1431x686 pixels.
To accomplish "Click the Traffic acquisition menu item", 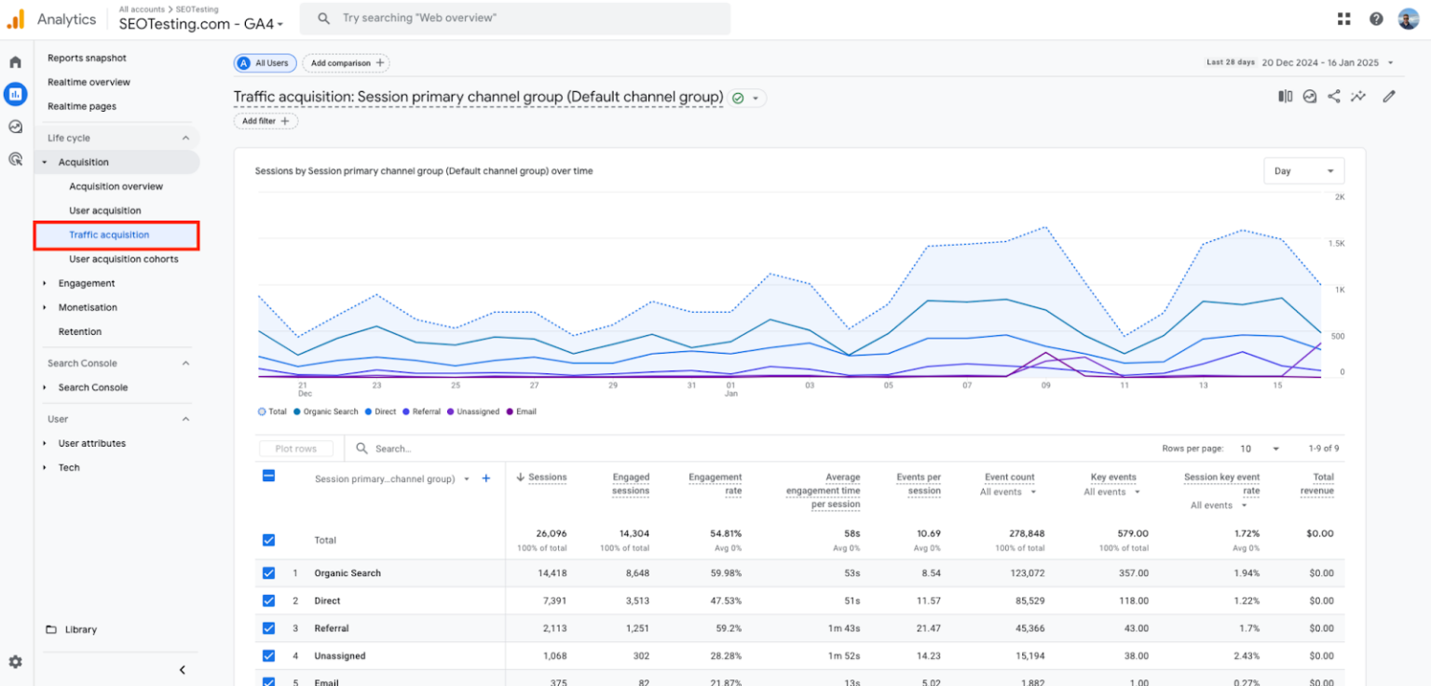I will pyautogui.click(x=109, y=235).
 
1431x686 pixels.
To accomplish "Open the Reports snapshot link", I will pyautogui.click(x=87, y=58).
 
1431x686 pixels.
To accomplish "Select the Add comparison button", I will pyautogui.click(x=346, y=63).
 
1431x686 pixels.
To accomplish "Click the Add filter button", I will pyautogui.click(x=266, y=121).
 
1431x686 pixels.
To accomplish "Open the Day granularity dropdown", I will pyautogui.click(x=1302, y=171).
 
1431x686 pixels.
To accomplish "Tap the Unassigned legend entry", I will pyautogui.click(x=477, y=411).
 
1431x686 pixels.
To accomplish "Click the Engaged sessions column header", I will pyautogui.click(x=631, y=484).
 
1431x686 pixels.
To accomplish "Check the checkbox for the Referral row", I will pyautogui.click(x=268, y=628).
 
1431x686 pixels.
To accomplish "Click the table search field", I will pyautogui.click(x=429, y=449).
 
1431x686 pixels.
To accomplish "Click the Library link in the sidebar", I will pyautogui.click(x=80, y=630).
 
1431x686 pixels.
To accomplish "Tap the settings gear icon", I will pyautogui.click(x=16, y=662).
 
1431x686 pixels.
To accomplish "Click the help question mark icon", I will pyautogui.click(x=1376, y=19).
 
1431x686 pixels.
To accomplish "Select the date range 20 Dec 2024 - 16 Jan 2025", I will pyautogui.click(x=1321, y=63).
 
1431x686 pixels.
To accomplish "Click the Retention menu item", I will pyautogui.click(x=80, y=331).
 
